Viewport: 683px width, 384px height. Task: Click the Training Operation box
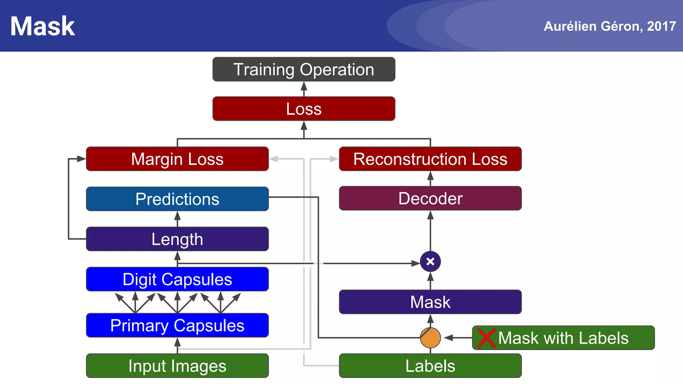pos(303,69)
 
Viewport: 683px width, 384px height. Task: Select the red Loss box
pos(303,109)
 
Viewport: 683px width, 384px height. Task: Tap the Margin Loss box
pos(177,159)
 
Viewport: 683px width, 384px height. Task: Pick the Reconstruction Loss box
pos(430,159)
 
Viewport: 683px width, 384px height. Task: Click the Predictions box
pos(177,199)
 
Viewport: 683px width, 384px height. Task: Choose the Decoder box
pos(430,198)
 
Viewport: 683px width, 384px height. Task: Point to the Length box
pos(177,239)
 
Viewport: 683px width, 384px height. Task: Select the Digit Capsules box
pos(177,279)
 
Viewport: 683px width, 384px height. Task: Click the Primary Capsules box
pos(177,325)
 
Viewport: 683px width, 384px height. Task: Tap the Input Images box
pos(177,366)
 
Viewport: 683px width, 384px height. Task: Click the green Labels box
pos(430,366)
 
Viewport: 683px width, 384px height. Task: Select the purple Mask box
pos(430,302)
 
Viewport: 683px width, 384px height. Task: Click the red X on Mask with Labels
pos(486,338)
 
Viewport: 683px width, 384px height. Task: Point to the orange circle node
pos(430,338)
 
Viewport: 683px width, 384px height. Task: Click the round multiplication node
pos(430,262)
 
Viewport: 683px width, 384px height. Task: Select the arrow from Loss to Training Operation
pos(303,89)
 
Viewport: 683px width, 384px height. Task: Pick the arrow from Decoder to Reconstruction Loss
pos(430,178)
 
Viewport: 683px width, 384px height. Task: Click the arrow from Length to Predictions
pos(177,219)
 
